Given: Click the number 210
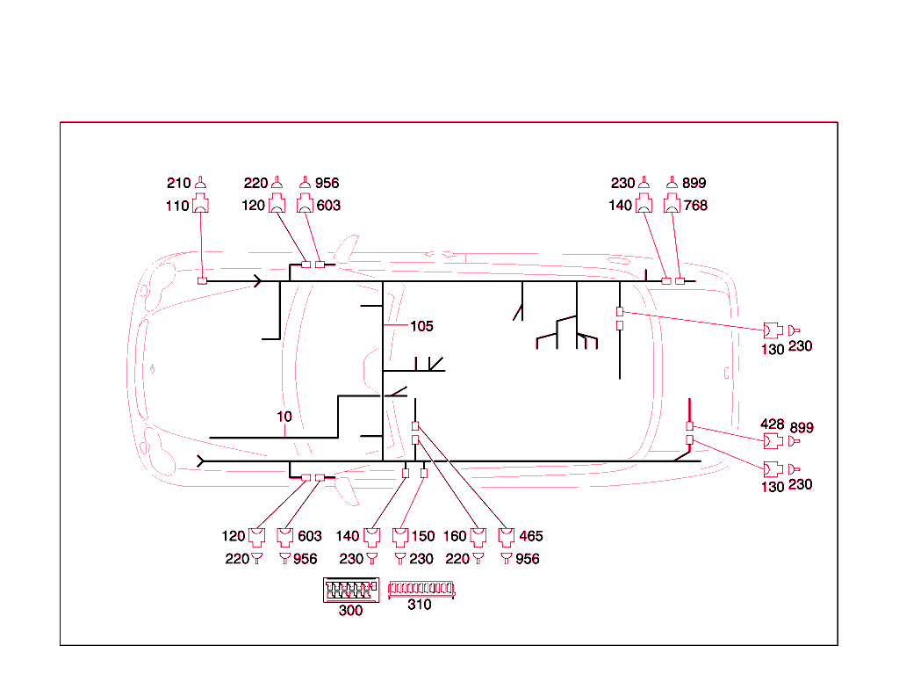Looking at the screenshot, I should click(178, 184).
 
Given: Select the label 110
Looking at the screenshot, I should click(177, 206).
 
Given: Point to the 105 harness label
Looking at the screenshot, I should click(421, 326).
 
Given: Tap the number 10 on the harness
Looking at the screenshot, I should click(284, 417).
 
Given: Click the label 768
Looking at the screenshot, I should click(694, 206).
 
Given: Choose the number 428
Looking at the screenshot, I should click(773, 425).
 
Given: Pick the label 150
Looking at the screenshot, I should click(422, 536).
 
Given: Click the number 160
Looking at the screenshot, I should click(455, 536).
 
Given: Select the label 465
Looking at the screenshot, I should click(530, 536).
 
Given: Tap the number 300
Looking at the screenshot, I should click(350, 611).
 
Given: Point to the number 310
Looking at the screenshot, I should click(420, 605).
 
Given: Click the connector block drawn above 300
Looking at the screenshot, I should click(350, 590).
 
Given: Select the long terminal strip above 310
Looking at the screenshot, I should click(421, 588).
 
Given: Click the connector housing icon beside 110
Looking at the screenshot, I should click(200, 205).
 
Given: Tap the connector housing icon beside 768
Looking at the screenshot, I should click(672, 205).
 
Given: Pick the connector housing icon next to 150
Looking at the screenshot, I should click(400, 536).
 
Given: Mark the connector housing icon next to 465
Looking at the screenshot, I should click(507, 536).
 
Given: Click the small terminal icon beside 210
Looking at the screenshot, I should click(200, 183).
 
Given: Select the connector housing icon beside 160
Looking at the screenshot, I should click(478, 536).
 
